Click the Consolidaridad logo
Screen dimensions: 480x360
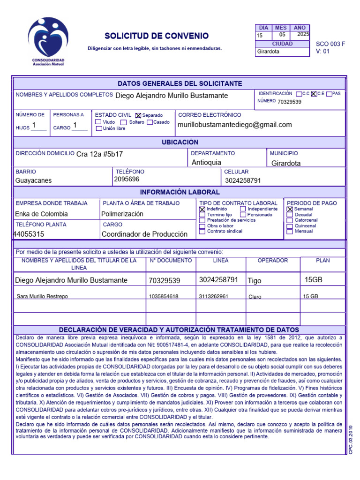pos(48,41)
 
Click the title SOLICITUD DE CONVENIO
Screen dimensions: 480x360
pos(157,36)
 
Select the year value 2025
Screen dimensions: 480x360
pos(303,34)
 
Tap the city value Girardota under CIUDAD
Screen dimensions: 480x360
pos(268,52)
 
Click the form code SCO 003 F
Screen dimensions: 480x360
pos(330,44)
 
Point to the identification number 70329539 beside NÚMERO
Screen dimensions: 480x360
pos(289,102)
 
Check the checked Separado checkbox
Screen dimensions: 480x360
pos(138,115)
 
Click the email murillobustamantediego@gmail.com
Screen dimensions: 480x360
pos(235,125)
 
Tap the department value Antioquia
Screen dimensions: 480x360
pos(206,163)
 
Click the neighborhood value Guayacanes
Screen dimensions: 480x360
pos(34,180)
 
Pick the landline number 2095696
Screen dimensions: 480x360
pos(127,179)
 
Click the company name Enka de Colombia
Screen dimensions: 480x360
pos(42,214)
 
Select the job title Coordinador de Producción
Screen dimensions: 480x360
pos(144,234)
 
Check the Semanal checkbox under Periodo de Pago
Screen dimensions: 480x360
pos(290,209)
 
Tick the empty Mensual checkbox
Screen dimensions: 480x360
pos(290,232)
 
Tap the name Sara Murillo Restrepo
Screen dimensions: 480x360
pos(42,296)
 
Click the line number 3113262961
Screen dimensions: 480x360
pos(214,296)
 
